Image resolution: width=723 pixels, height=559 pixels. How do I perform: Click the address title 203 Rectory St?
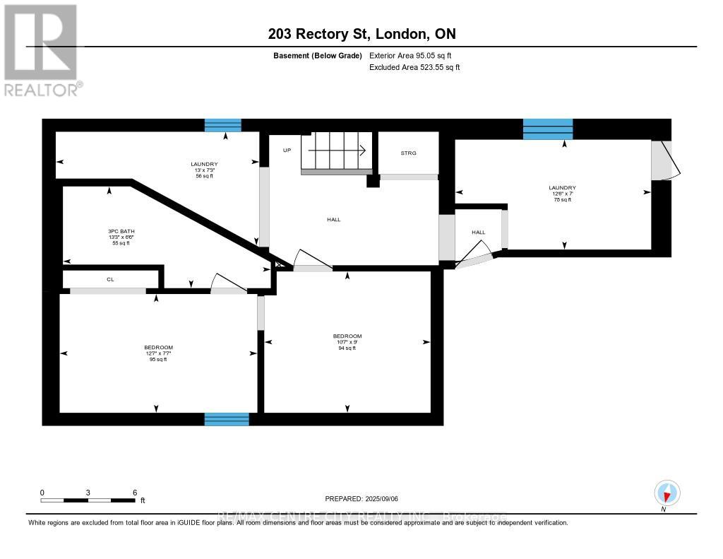361,34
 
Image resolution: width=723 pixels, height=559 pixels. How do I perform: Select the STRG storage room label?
409,153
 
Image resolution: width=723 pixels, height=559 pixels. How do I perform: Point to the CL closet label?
110,279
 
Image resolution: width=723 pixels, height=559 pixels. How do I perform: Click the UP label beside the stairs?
287,150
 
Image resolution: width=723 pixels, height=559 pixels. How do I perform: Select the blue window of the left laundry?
223,126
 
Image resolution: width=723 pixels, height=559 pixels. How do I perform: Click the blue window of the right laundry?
547,129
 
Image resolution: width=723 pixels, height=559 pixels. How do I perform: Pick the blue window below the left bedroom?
227,419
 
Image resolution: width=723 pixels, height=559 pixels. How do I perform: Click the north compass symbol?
667,493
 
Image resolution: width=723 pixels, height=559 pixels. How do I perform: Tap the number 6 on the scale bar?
134,492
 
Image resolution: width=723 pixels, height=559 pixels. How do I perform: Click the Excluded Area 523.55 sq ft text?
414,67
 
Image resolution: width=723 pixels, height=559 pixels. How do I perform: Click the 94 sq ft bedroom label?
347,342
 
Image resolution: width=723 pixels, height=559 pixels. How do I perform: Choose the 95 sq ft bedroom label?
158,353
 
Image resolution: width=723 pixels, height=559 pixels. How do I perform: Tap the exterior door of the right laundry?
664,160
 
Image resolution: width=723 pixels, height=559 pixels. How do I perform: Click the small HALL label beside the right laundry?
479,232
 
